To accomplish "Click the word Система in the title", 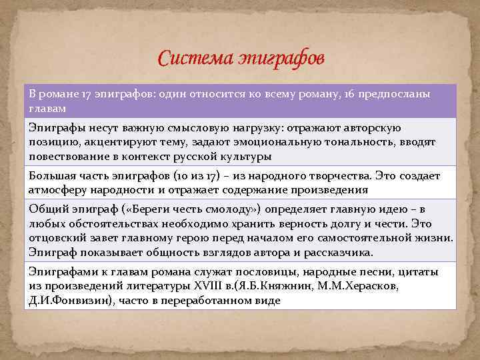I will tap(194, 59).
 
